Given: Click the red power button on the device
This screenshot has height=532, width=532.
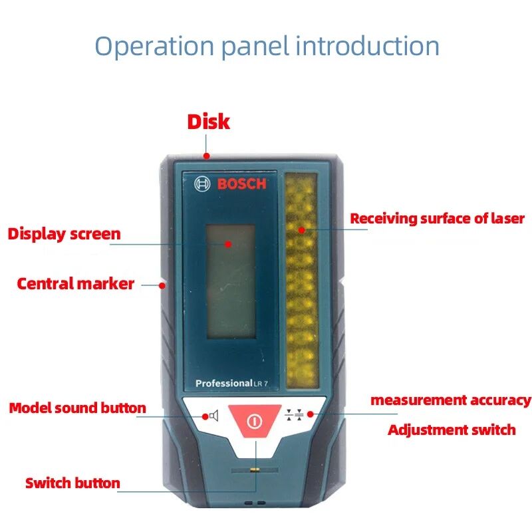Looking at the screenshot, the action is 255,420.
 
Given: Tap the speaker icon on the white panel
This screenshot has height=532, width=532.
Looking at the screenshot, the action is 213,416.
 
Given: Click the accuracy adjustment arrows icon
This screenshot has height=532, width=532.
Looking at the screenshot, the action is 294,414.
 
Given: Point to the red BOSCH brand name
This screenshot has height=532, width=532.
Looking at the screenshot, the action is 241,184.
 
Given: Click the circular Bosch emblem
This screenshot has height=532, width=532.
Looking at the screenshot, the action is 202,184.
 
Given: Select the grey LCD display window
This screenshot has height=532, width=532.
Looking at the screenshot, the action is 231,281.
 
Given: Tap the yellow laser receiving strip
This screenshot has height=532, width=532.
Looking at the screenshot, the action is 301,280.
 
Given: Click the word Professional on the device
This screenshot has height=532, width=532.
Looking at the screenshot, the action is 224,384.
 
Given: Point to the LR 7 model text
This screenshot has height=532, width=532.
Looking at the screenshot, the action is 261,384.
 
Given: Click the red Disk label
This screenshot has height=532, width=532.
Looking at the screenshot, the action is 209,122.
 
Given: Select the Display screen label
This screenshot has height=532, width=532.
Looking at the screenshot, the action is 64,234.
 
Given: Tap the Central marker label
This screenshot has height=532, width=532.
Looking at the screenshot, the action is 75,284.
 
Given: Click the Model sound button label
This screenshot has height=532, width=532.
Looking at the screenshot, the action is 77,408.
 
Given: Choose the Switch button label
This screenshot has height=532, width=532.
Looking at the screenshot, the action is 72,483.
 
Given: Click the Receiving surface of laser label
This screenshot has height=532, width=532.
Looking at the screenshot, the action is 438,219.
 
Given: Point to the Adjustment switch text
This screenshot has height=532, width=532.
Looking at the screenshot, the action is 452,430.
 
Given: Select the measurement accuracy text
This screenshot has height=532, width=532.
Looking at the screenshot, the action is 451,400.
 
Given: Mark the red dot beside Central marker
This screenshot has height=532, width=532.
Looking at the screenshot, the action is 162,286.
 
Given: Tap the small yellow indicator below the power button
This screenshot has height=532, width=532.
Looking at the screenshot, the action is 255,470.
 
